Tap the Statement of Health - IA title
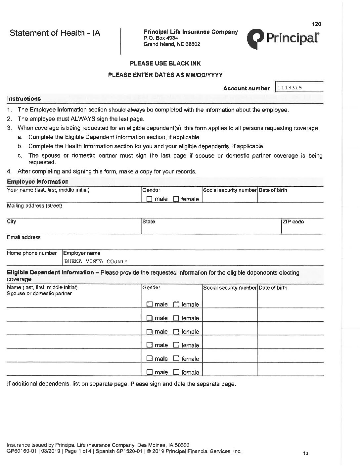(55, 33)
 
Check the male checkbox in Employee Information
(150, 199)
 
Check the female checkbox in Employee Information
(176, 199)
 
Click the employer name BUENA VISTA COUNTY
(96, 261)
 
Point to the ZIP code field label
(293, 222)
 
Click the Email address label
(24, 237)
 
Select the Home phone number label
(32, 253)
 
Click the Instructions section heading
(24, 99)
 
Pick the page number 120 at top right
(316, 24)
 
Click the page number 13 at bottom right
(305, 453)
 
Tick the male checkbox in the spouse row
(150, 304)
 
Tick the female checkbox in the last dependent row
(176, 372)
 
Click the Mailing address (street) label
(34, 206)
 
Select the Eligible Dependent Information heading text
(50, 272)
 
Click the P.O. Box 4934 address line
(161, 38)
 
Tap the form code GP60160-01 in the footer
(21, 451)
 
